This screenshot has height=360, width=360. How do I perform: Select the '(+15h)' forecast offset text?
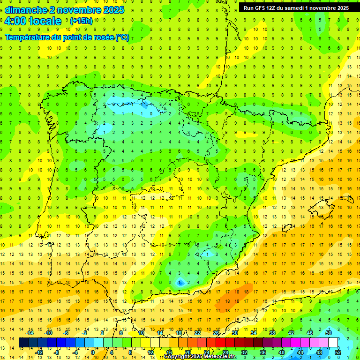click(x=81, y=21)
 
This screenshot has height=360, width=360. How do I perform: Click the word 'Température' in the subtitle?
click(x=27, y=37)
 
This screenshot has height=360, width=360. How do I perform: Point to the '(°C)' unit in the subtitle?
click(x=122, y=37)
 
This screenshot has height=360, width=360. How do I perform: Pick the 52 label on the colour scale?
click(x=338, y=352)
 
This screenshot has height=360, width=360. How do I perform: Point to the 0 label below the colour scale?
click(x=93, y=352)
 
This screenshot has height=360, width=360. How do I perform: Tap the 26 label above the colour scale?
click(x=216, y=333)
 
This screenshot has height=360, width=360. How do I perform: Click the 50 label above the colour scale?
click(x=329, y=333)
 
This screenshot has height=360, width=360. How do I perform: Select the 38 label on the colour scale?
click(x=272, y=333)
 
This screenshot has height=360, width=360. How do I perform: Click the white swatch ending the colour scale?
click(x=333, y=343)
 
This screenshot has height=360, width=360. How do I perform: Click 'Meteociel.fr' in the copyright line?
click(x=220, y=357)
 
